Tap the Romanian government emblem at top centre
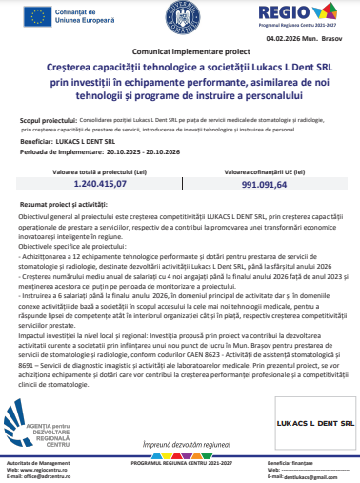pos(178,18)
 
